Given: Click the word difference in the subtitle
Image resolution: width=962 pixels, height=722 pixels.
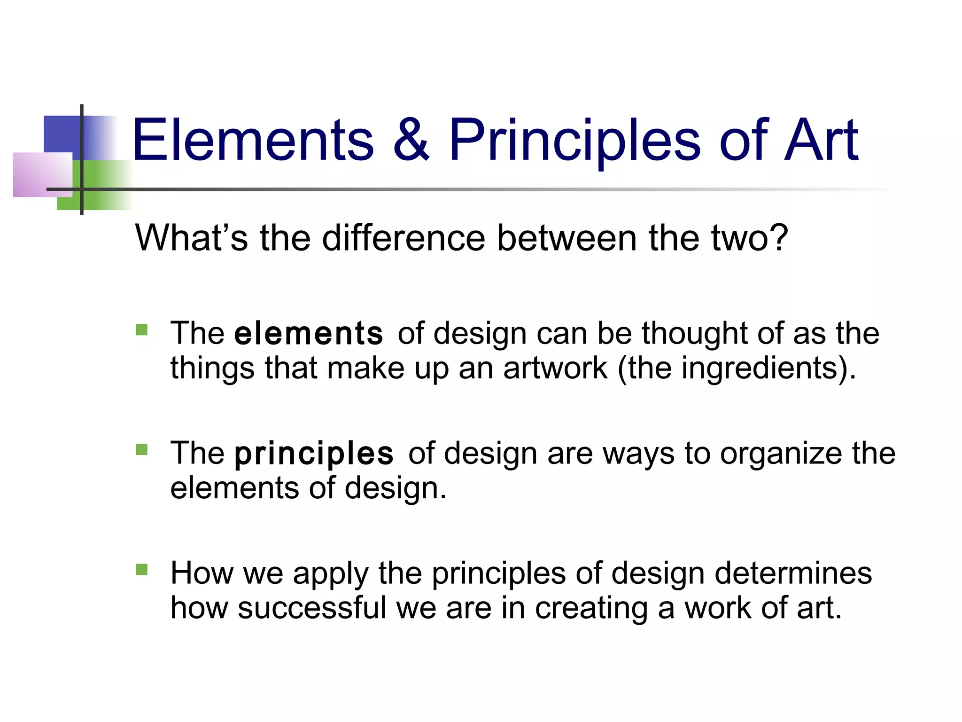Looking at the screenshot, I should click(403, 238).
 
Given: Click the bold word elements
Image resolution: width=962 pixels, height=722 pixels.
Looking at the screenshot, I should click(308, 334).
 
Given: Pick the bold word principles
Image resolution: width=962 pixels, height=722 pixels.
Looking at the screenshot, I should click(314, 454).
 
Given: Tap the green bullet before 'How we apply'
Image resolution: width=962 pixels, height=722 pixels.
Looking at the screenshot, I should click(141, 570).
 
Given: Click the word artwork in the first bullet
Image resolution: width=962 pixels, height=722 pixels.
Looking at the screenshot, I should click(555, 369).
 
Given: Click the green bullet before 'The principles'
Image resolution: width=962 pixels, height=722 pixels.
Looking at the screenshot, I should click(141, 450).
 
